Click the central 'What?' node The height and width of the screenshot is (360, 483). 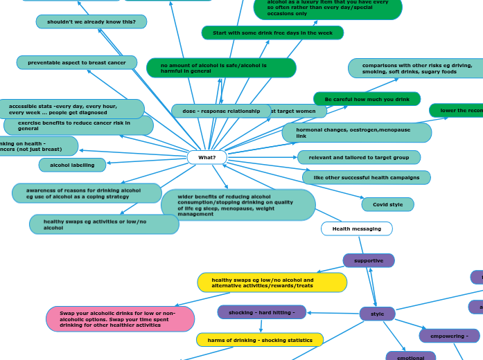pyautogui.click(x=207, y=158)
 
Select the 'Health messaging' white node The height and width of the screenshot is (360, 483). pyautogui.click(x=356, y=228)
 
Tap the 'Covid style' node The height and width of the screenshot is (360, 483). pyautogui.click(x=387, y=204)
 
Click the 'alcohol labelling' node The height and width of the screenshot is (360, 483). pyautogui.click(x=72, y=165)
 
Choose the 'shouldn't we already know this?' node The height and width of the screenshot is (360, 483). pyautogui.click(x=91, y=22)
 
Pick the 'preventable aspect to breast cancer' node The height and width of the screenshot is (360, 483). pyautogui.click(x=77, y=63)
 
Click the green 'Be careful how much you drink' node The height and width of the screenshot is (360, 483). pyautogui.click(x=367, y=99)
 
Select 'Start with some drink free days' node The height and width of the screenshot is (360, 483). pyautogui.click(x=272, y=33)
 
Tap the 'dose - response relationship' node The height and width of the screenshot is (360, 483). pyautogui.click(x=221, y=111)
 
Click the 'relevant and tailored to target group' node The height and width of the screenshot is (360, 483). pyautogui.click(x=358, y=157)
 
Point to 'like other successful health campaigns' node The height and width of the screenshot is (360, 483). pyautogui.click(x=366, y=178)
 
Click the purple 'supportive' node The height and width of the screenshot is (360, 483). pyautogui.click(x=369, y=260)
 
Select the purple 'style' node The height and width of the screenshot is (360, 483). pyautogui.click(x=377, y=314)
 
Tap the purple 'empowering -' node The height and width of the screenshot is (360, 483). pyautogui.click(x=449, y=336)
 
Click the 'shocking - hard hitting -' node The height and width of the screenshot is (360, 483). pyautogui.click(x=262, y=312)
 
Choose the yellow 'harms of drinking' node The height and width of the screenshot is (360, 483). pyautogui.click(x=260, y=340)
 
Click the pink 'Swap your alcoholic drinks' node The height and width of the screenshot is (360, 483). pyautogui.click(x=120, y=318)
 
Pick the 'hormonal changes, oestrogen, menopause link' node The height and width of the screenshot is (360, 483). pyautogui.click(x=356, y=132)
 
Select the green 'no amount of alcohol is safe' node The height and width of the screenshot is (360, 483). pyautogui.click(x=221, y=68)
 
